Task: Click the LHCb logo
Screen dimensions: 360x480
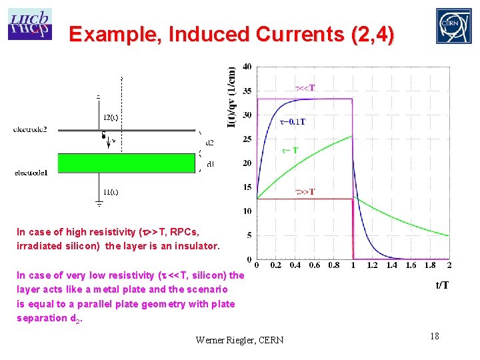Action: tap(29, 25)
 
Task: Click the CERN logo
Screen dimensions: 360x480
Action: tap(453, 26)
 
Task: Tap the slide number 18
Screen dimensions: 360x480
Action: tap(434, 336)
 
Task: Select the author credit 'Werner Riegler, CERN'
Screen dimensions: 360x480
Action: tap(239, 340)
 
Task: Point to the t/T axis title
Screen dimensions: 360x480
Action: tap(442, 286)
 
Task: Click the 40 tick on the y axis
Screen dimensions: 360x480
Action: tap(247, 67)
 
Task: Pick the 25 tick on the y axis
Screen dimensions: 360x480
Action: tap(247, 139)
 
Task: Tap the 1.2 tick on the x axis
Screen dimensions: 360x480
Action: tap(372, 265)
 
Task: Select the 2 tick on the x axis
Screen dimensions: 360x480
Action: tap(449, 265)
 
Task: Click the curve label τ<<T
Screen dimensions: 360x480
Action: tap(305, 87)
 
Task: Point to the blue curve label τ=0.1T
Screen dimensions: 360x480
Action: tap(293, 121)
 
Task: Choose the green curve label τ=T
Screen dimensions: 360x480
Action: tap(290, 151)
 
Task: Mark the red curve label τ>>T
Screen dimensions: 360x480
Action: tap(305, 192)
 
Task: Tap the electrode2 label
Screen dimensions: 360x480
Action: tap(30, 129)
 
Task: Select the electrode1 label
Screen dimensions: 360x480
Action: tap(30, 173)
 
